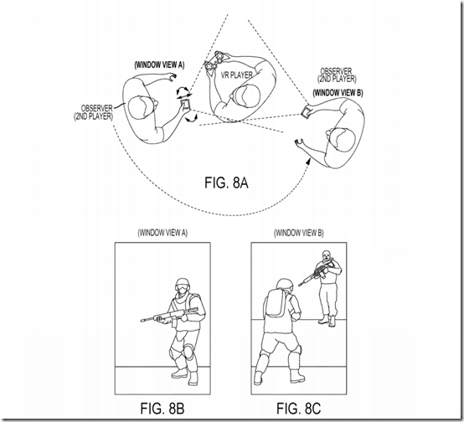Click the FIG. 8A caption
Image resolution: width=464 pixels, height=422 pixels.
pos(226,183)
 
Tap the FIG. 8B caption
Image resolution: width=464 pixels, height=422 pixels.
pos(162,409)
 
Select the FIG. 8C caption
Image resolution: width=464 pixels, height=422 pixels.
pos(298,409)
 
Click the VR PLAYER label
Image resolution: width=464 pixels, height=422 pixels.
pos(236,75)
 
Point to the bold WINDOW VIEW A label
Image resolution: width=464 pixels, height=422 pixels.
pos(159,64)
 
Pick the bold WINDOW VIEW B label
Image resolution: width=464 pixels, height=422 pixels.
pos(338,93)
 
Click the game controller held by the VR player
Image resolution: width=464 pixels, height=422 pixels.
pos(214,60)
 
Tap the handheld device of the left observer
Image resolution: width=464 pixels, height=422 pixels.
pos(185,104)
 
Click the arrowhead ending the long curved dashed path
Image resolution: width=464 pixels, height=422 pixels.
pos(308,161)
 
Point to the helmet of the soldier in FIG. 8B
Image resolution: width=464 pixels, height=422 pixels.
pos(183,284)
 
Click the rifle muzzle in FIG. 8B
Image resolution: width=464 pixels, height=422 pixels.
pos(143,320)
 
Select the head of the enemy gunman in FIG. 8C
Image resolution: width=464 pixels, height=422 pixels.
pos(326,255)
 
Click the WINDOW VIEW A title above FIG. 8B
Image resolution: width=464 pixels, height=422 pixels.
pos(162,233)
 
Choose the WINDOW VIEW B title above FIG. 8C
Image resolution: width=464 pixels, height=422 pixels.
pos(299,233)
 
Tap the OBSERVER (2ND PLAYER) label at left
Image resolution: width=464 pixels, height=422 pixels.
pos(94,112)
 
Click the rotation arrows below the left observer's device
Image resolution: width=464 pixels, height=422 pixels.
pos(191,118)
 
